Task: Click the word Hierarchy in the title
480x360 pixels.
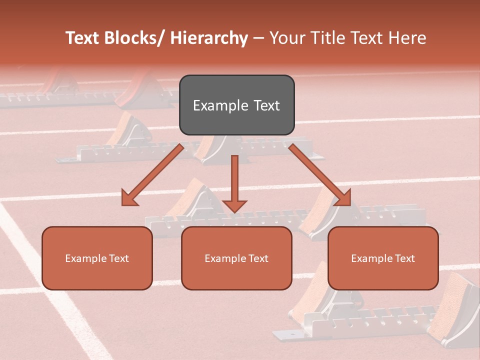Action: pos(209,38)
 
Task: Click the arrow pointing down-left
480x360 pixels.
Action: pos(155,172)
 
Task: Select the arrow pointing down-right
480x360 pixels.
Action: pos(317,172)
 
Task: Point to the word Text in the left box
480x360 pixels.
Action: pos(118,258)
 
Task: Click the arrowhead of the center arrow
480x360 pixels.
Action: pos(234,205)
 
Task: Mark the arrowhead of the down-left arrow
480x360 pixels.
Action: pos(129,198)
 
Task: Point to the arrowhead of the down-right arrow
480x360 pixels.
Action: pos(343,198)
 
